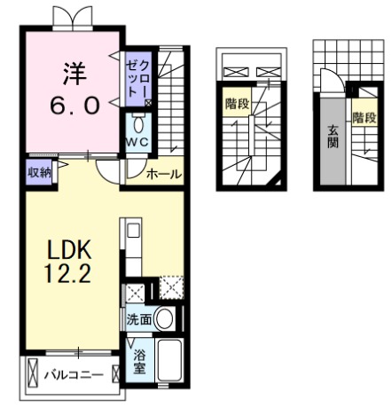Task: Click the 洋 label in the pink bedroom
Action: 74,74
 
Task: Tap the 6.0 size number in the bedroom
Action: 74,106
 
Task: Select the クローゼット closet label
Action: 137,79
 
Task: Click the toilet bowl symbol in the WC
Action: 138,125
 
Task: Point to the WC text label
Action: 137,143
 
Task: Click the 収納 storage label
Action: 39,172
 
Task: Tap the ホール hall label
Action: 163,174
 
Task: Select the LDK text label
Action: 68,250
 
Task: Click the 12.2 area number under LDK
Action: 67,273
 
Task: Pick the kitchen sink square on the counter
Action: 134,231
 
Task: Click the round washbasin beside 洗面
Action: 165,318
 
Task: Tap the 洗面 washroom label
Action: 139,319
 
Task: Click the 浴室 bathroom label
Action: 139,361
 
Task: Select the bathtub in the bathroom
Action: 169,360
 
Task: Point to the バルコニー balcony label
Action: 74,375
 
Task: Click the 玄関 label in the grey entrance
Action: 333,137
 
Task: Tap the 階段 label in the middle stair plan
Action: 237,104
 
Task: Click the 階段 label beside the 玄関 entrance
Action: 365,118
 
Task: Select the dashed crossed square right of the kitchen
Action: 171,287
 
